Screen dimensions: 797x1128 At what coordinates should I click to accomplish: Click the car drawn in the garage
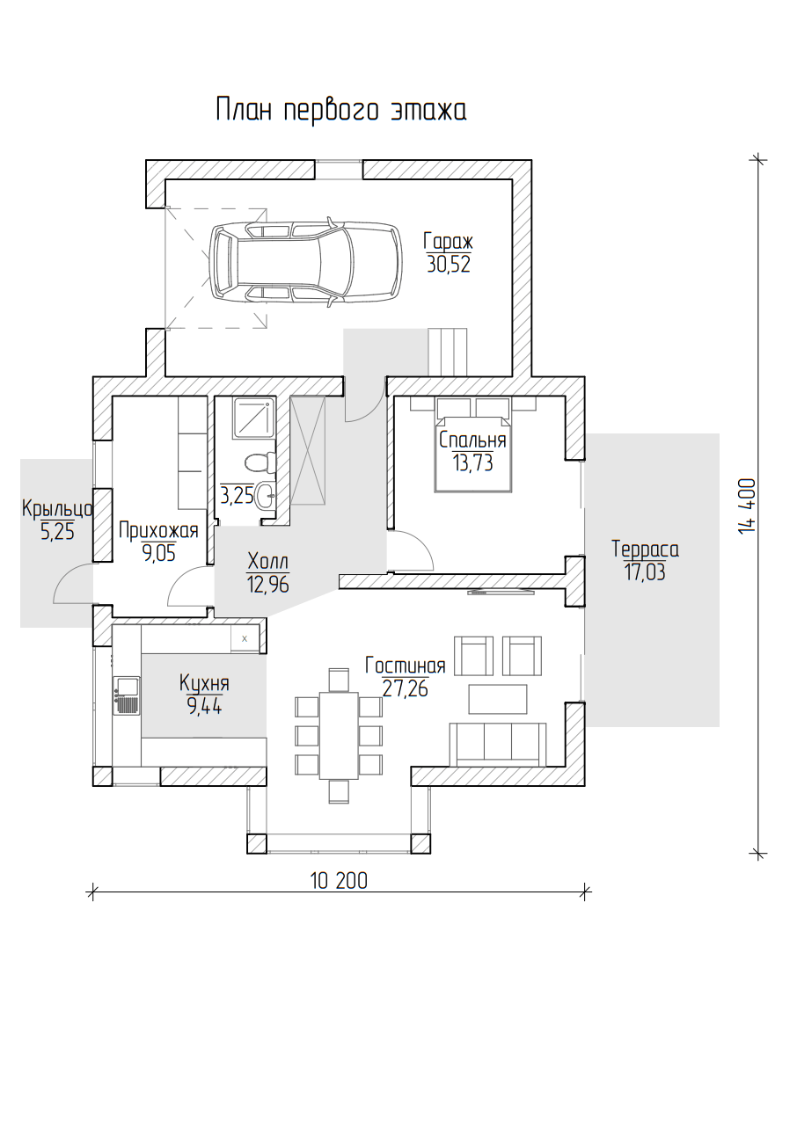pos(306,262)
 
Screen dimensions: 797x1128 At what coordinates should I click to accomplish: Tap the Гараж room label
pos(448,242)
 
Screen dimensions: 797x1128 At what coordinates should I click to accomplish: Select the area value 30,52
pos(449,264)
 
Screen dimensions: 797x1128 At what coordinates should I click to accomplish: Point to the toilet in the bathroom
pos(260,462)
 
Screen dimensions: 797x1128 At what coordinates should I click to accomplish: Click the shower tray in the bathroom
pos(254,417)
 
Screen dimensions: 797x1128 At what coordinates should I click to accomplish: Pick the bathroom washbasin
pos(266,496)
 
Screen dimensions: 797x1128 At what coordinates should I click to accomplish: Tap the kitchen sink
pos(128,695)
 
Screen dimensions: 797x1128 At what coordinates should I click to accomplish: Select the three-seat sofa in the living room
pos(497,745)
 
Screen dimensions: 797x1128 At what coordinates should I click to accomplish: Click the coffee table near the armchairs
pos(498,699)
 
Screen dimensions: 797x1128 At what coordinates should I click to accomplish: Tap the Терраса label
pos(646,549)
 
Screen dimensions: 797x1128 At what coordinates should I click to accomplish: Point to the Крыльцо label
pos(57,508)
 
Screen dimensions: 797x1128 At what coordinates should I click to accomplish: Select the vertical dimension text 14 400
pos(747,506)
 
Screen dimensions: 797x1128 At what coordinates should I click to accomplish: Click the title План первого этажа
pos(341,110)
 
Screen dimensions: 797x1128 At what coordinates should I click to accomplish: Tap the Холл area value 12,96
pos(268,585)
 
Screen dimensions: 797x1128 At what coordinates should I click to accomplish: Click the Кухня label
pos(205,683)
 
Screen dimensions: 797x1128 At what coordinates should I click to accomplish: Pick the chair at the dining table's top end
pos(339,680)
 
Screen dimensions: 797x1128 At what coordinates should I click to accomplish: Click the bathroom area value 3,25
pos(237,496)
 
